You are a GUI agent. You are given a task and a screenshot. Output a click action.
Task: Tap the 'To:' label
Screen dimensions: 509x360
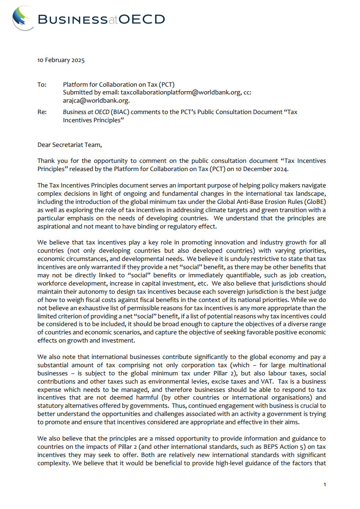[42, 84]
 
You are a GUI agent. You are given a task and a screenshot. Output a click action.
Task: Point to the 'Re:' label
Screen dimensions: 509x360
[42, 112]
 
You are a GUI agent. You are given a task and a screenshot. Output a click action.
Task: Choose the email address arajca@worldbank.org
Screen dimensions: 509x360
[96, 100]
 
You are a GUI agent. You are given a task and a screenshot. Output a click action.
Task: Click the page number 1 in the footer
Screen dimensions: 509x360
[324, 484]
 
